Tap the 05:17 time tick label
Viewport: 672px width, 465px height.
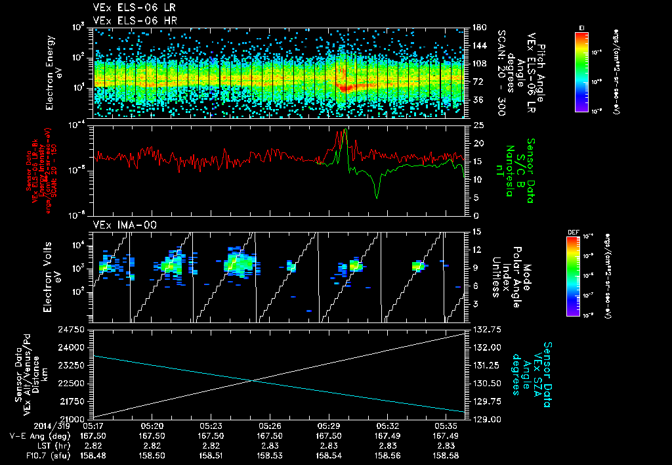click(93, 426)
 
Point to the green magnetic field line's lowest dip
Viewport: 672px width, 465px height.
click(377, 198)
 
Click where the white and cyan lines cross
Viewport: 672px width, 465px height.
click(254, 380)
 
